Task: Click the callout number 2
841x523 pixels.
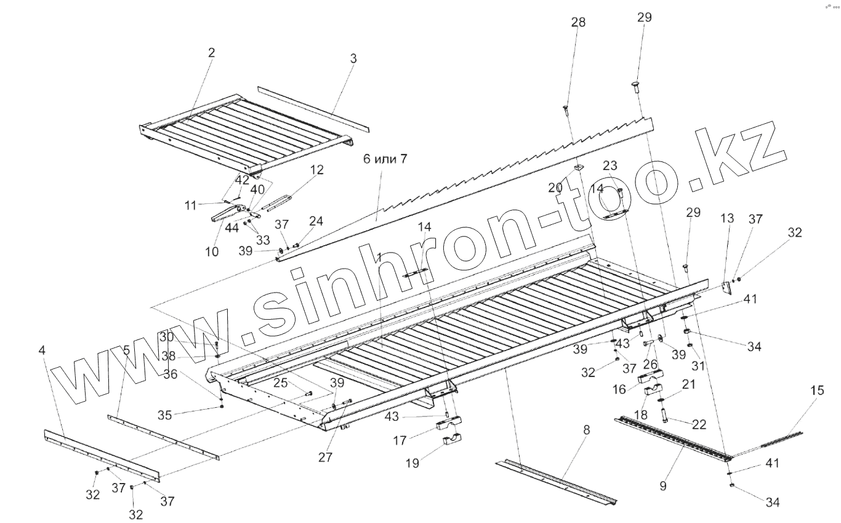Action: [x=211, y=53]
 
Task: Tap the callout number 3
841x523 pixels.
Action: [x=353, y=59]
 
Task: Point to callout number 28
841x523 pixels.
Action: [x=578, y=23]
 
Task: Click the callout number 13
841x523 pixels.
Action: [x=727, y=219]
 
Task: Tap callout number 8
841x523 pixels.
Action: [x=586, y=430]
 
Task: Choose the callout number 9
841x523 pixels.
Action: [x=662, y=486]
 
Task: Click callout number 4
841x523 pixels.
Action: [x=42, y=351]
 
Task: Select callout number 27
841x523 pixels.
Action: [x=324, y=457]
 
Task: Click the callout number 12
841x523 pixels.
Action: [x=317, y=169]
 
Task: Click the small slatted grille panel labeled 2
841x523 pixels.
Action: [x=246, y=136]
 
